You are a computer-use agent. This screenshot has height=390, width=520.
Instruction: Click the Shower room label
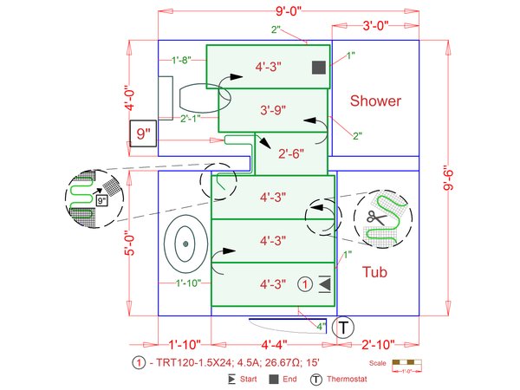[375, 101]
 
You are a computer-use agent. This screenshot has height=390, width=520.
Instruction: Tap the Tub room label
[374, 272]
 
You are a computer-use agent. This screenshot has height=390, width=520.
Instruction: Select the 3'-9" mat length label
[272, 110]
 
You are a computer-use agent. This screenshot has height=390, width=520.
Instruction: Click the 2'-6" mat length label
[290, 155]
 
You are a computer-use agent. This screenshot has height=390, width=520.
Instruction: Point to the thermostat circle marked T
[344, 328]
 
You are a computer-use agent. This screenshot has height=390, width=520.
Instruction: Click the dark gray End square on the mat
[318, 67]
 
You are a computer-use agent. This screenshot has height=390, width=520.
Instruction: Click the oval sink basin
[184, 244]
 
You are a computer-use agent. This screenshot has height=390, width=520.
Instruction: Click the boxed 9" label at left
[143, 134]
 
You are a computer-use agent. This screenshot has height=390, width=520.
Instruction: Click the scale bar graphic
[405, 362]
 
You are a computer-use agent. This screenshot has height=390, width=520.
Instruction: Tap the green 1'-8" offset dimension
[181, 60]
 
